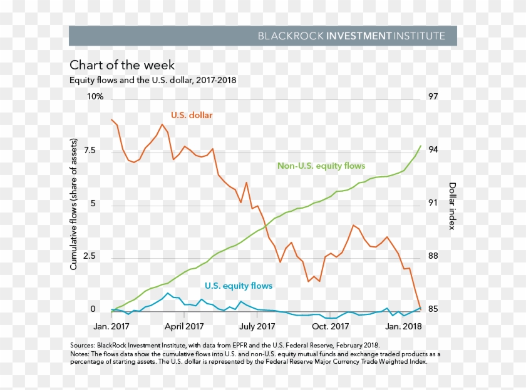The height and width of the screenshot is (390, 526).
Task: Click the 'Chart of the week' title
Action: (x=122, y=65)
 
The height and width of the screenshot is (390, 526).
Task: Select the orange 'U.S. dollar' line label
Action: (x=192, y=115)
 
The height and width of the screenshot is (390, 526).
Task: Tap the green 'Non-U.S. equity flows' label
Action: (x=321, y=166)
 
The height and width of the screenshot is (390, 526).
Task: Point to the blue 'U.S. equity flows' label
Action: (x=239, y=286)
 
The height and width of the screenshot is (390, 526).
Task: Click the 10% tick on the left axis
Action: (x=95, y=97)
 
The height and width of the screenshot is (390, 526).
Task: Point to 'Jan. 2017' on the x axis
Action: (x=111, y=326)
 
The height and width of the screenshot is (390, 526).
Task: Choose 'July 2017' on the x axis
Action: (x=257, y=326)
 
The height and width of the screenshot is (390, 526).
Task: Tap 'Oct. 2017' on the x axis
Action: (x=330, y=326)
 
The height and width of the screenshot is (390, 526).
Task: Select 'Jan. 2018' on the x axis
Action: (x=403, y=326)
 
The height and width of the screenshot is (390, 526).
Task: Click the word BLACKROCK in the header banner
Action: (x=291, y=36)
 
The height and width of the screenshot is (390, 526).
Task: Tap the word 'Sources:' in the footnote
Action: (x=83, y=345)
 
